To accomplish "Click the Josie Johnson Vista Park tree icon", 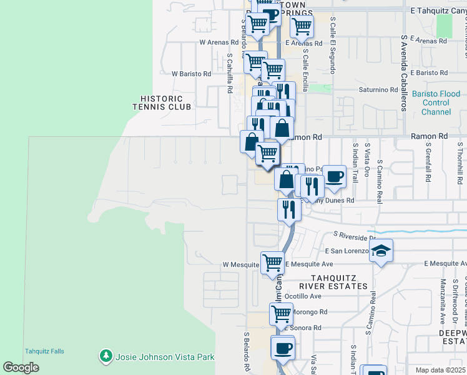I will click(106, 356).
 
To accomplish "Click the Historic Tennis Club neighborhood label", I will click(162, 103).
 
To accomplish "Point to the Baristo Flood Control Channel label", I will click(436, 103).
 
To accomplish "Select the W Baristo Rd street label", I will click(191, 74).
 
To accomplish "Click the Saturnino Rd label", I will click(378, 89).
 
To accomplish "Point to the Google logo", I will click(21, 367).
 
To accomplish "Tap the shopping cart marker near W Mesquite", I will click(273, 263).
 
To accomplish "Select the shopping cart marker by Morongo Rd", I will click(282, 313).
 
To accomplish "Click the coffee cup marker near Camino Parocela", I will click(334, 176).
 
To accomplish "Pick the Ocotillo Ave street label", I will click(303, 296).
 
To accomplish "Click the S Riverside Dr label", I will click(354, 236).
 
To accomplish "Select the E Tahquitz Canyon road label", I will click(438, 11).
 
